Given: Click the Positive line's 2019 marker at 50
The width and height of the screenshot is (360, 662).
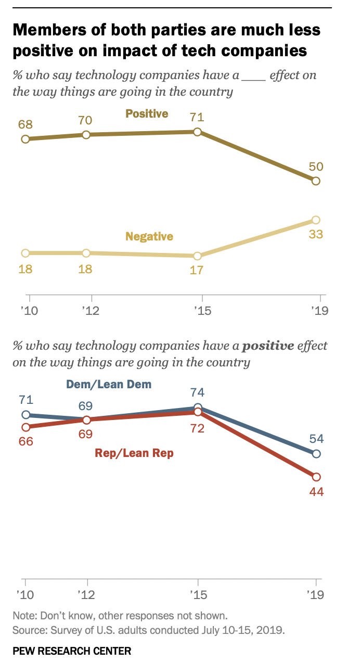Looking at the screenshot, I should [316, 181].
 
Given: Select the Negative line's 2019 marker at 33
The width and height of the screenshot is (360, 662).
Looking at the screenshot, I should [316, 220].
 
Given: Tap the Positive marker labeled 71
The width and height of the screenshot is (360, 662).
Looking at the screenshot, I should [197, 132].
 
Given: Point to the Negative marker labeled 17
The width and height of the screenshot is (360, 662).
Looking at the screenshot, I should [197, 256].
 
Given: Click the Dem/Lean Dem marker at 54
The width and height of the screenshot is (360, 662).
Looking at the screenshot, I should [316, 454].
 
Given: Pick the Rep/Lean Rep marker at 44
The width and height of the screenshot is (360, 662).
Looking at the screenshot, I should [316, 477].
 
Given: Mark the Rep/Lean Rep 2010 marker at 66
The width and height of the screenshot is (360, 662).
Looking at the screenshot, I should [25, 427].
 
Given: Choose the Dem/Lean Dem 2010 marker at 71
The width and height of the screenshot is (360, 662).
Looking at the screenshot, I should [25, 415].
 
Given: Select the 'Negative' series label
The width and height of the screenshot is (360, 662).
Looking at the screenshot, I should [149, 236].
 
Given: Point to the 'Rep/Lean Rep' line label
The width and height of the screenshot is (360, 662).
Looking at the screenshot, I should [134, 453].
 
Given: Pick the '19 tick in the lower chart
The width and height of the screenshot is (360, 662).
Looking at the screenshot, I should [316, 594].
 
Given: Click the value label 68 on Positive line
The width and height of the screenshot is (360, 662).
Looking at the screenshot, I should [25, 125].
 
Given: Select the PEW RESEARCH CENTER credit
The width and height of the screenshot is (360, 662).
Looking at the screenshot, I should [72, 651].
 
